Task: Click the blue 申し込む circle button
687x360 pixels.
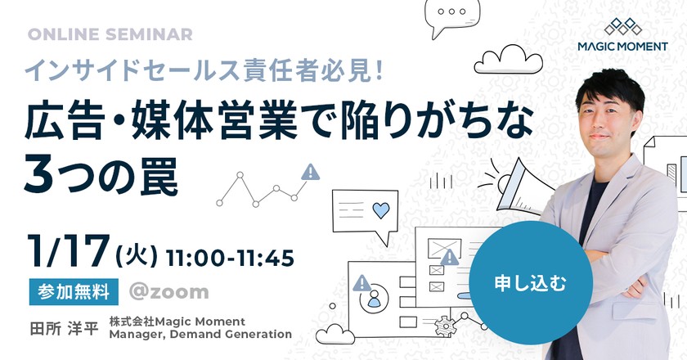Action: (x=531, y=283)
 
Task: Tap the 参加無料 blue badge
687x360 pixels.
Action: (x=74, y=291)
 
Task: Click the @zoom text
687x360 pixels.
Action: (x=168, y=292)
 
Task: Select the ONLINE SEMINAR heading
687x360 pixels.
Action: (x=110, y=34)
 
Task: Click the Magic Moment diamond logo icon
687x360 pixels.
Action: (x=622, y=26)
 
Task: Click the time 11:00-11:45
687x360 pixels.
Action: (x=230, y=259)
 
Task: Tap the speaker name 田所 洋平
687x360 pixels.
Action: (x=64, y=328)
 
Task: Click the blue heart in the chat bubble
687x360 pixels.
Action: (x=380, y=210)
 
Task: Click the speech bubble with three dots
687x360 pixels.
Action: (x=451, y=17)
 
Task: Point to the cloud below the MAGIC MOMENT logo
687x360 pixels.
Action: (x=508, y=60)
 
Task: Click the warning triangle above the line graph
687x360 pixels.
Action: (x=310, y=173)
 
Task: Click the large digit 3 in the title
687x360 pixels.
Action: (x=38, y=176)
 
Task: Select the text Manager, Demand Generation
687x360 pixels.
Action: (x=200, y=334)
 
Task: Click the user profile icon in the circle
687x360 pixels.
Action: (x=374, y=298)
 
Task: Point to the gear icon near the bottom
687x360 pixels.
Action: (x=444, y=326)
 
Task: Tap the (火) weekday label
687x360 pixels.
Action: (x=137, y=255)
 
